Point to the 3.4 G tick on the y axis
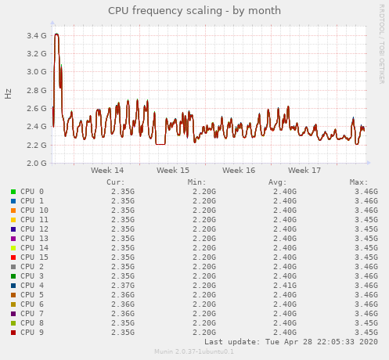(36, 36)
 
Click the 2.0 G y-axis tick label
(36, 164)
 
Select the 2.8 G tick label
(36, 90)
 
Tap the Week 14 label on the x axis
(107, 170)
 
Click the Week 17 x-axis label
(304, 170)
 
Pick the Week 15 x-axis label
(173, 170)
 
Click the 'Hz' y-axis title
(9, 94)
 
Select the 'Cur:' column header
(115, 182)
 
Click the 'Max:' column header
(358, 182)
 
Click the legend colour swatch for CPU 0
(13, 192)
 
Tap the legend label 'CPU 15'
(34, 257)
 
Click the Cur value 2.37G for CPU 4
(122, 286)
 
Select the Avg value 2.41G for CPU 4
(284, 286)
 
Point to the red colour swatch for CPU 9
(13, 333)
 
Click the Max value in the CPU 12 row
(366, 229)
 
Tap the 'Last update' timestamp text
(291, 342)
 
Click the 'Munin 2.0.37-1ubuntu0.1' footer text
(194, 351)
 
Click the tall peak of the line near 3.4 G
(56, 34)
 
